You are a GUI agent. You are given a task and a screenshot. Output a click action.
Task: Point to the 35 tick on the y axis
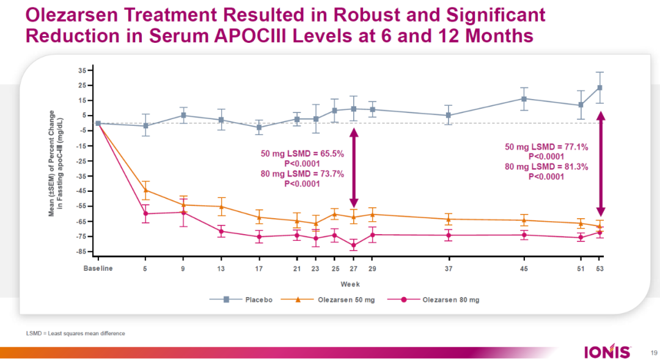point(81,70)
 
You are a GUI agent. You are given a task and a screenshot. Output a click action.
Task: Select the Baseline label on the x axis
point(98,268)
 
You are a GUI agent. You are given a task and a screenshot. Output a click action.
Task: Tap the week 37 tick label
point(449,268)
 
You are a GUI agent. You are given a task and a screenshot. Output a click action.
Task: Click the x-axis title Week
point(350,284)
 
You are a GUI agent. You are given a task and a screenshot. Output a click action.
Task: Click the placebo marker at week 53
point(599,87)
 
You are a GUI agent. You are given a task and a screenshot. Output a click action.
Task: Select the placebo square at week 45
point(524,98)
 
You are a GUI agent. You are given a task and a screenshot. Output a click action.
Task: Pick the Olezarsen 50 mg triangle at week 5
point(145,191)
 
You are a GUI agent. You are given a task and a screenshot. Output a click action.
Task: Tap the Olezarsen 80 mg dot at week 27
point(353,245)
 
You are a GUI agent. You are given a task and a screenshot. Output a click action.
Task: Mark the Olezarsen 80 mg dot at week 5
point(145,213)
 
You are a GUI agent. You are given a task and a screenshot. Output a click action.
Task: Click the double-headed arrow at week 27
point(353,168)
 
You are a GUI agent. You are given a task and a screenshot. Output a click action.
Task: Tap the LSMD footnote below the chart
point(76,333)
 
